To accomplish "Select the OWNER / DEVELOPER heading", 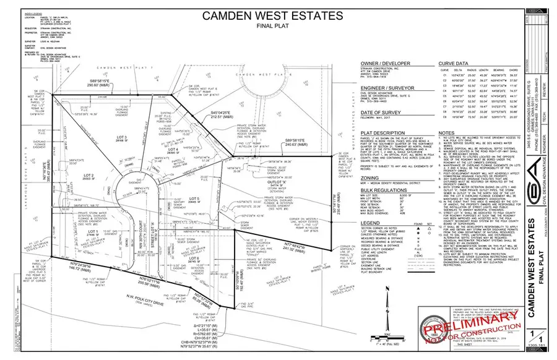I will pos(335,64).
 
